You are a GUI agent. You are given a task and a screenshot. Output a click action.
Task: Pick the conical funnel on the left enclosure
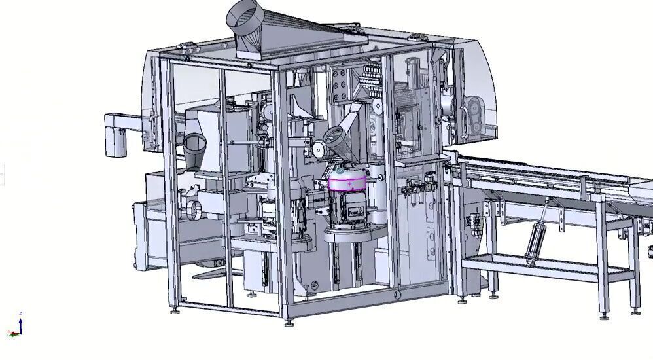pyautogui.click(x=196, y=149)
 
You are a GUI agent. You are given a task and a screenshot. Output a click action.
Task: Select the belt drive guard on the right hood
pyautogui.click(x=472, y=115)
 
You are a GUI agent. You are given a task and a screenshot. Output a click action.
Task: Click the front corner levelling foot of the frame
pyautogui.click(x=289, y=322)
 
